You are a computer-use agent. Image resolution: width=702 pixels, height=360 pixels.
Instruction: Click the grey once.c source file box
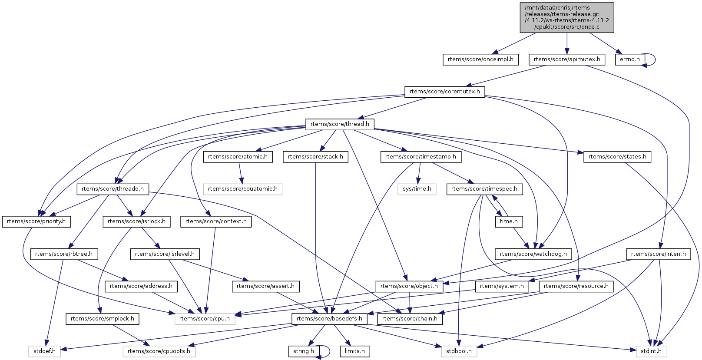point(567,17)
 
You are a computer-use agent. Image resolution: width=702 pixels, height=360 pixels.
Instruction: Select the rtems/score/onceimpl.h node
point(480,59)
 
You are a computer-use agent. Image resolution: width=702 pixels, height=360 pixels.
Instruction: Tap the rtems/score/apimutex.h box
point(567,59)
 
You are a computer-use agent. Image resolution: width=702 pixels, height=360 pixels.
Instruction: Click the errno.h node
point(629,59)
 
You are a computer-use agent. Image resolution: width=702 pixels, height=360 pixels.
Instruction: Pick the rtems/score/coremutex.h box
point(444,92)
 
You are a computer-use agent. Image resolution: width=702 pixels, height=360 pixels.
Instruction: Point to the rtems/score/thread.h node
point(340,124)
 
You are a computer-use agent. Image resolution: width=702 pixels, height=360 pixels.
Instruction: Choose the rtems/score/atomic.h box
point(238,157)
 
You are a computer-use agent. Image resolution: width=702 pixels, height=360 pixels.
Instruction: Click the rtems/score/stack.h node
point(315,157)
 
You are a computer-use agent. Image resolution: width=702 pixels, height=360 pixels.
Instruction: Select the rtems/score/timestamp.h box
point(421,157)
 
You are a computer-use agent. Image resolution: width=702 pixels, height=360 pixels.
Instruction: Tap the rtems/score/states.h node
point(617,157)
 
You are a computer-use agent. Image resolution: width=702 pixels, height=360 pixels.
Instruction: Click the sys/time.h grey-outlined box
point(417,189)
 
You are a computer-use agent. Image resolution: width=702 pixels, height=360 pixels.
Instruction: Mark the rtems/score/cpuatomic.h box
point(243,189)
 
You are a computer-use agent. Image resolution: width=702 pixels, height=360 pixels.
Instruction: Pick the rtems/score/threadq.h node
point(113,189)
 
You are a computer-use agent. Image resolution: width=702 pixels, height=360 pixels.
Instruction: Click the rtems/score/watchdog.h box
point(533,254)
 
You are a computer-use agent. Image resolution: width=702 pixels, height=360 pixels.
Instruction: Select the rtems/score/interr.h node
point(658,254)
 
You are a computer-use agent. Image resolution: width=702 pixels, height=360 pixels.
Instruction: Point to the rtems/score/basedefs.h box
point(329,319)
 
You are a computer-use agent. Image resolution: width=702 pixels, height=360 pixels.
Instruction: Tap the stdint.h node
point(651,351)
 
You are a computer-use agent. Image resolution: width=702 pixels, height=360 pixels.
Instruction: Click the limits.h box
point(355,351)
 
